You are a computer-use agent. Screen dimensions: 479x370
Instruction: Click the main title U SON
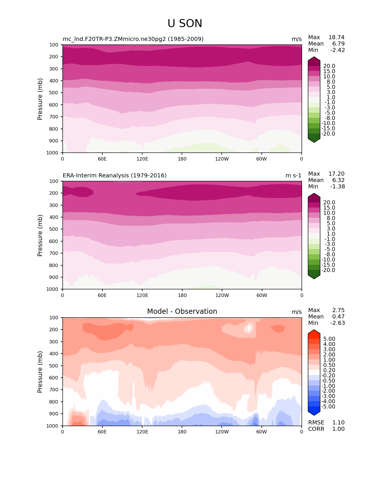pos(185,24)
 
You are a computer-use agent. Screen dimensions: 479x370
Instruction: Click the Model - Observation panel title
pos(182,311)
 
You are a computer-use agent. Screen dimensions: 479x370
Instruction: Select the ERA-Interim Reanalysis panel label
pos(115,175)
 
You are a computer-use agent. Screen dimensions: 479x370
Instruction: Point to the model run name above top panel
pos(133,39)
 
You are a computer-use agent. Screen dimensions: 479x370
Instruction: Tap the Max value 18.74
pos(336,37)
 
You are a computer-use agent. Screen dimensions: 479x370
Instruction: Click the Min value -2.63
pos(337,323)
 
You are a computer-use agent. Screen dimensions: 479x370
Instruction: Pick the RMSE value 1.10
pos(338,422)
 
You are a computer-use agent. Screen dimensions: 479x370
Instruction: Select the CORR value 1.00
pos(338,429)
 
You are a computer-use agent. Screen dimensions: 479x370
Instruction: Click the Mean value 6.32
pos(338,180)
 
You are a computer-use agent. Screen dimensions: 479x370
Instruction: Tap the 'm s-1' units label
pos(293,175)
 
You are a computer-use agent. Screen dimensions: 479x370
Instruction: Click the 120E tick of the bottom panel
pos(142,432)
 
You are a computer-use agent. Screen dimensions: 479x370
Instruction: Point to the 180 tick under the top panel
pos(182,159)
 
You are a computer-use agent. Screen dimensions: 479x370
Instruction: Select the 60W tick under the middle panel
pos(262,295)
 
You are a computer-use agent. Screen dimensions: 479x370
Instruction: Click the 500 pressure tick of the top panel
pos(54,93)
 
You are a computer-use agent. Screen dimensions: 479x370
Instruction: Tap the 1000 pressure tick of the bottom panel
pos(53,426)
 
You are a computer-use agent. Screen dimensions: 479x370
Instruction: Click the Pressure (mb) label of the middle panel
pos(40,235)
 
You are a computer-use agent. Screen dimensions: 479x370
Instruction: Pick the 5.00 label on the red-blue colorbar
pos(329,339)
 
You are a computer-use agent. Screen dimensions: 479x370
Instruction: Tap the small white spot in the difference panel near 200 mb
pos(249,328)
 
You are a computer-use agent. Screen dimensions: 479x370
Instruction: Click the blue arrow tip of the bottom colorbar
pos(314,413)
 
